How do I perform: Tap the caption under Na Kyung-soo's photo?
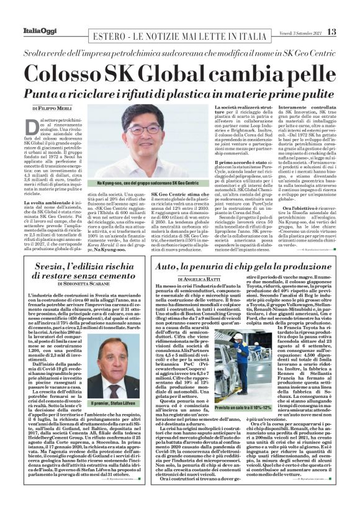pyautogui.click(x=148, y=184)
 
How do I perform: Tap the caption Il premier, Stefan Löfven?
pyautogui.click(x=116, y=402)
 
